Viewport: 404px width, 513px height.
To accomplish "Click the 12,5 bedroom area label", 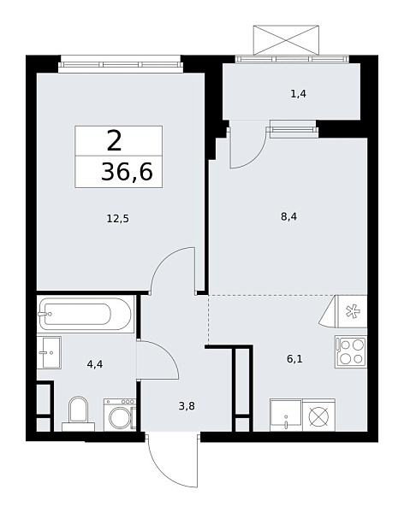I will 118,219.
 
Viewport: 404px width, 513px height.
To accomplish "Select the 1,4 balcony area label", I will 298,93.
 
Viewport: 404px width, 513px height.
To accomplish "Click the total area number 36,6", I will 126,172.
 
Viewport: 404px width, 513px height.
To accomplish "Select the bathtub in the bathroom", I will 85,315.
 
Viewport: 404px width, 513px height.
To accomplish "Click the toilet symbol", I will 78,411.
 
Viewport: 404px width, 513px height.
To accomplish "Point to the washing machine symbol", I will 119,415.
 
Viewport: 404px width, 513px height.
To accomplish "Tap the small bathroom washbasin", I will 48,351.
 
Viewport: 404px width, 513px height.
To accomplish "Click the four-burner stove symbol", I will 350,351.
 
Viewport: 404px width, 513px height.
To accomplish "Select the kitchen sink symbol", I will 285,416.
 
